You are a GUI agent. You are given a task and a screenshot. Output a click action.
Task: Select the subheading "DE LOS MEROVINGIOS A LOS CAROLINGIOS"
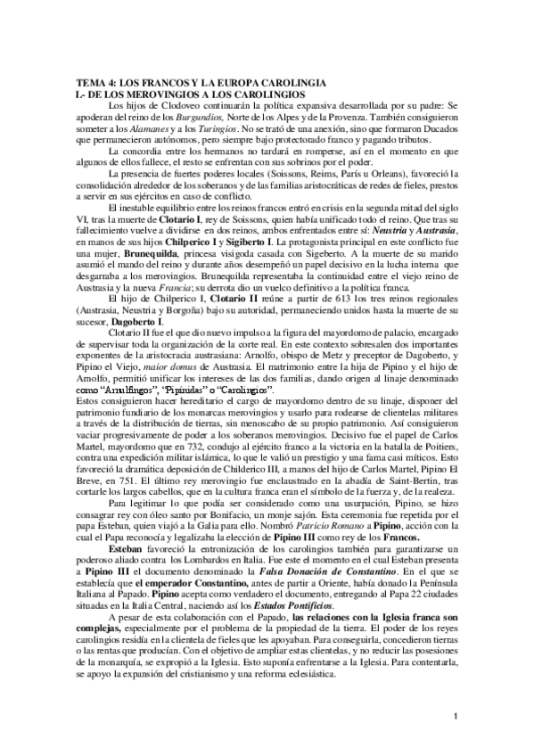[x=198, y=93]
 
